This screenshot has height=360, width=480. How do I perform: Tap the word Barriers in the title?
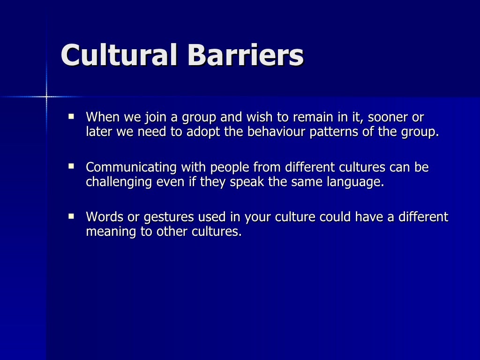click(x=245, y=55)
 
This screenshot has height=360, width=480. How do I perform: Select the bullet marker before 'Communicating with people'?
click(x=71, y=165)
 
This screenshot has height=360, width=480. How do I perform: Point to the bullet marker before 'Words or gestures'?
click(x=71, y=216)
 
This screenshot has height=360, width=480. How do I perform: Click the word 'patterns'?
click(x=335, y=132)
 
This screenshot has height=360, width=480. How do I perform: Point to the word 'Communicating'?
click(x=131, y=168)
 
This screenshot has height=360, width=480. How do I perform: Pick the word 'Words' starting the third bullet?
click(x=102, y=217)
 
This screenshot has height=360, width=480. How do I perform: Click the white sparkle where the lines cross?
click(x=46, y=97)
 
